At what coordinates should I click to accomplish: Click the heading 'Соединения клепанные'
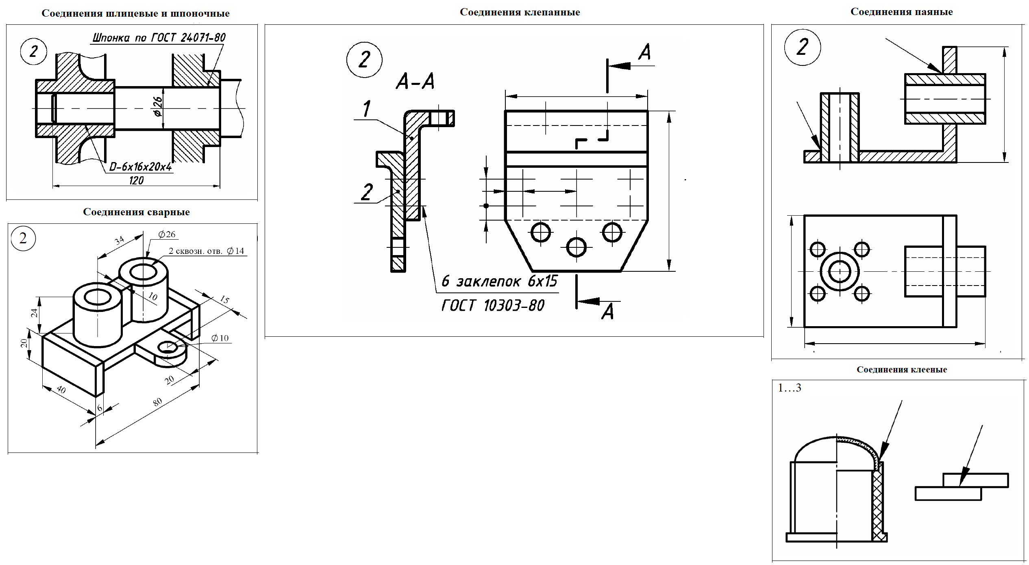click(520, 12)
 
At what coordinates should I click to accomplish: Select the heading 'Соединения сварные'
click(136, 212)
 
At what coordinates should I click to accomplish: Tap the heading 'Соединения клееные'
click(901, 370)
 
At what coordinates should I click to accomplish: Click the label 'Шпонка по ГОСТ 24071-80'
click(159, 38)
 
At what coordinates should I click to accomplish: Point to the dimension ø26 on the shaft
click(158, 106)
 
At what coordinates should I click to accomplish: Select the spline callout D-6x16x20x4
click(141, 167)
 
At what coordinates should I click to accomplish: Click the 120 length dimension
click(136, 180)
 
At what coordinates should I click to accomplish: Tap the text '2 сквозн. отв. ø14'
click(206, 251)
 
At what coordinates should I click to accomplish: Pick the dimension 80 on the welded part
click(157, 402)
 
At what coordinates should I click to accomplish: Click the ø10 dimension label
click(220, 338)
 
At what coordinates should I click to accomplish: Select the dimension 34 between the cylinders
click(119, 241)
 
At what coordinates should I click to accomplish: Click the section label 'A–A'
click(415, 81)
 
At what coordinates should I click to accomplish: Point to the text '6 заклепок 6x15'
click(499, 281)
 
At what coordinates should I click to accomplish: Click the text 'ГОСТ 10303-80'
click(493, 305)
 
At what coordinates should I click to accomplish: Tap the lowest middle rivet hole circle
click(576, 247)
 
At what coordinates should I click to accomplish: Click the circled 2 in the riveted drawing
click(364, 60)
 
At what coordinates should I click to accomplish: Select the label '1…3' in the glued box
click(789, 388)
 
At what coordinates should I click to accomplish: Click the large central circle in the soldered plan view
click(840, 271)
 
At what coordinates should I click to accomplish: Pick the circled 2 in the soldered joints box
click(802, 47)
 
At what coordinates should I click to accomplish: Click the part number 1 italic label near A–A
click(366, 109)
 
